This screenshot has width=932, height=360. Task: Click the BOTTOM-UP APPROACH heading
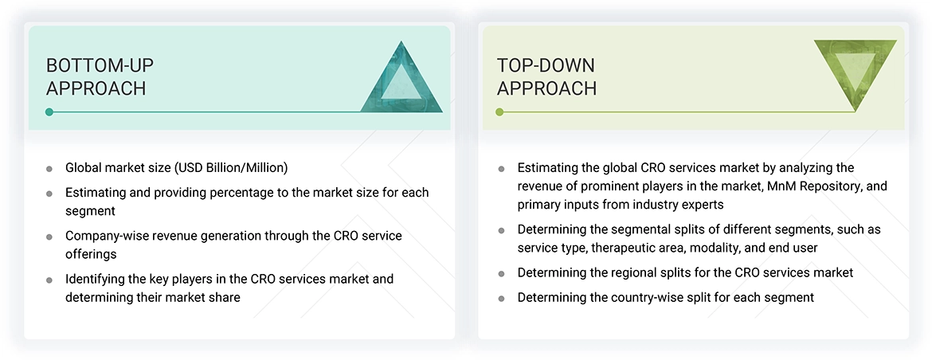(96, 76)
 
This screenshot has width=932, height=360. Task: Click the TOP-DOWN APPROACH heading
(546, 76)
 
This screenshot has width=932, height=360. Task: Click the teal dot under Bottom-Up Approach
(49, 112)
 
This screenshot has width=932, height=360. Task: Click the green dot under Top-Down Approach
(499, 112)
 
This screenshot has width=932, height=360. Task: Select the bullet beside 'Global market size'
(49, 169)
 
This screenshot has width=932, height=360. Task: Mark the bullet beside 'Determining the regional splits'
(501, 273)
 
